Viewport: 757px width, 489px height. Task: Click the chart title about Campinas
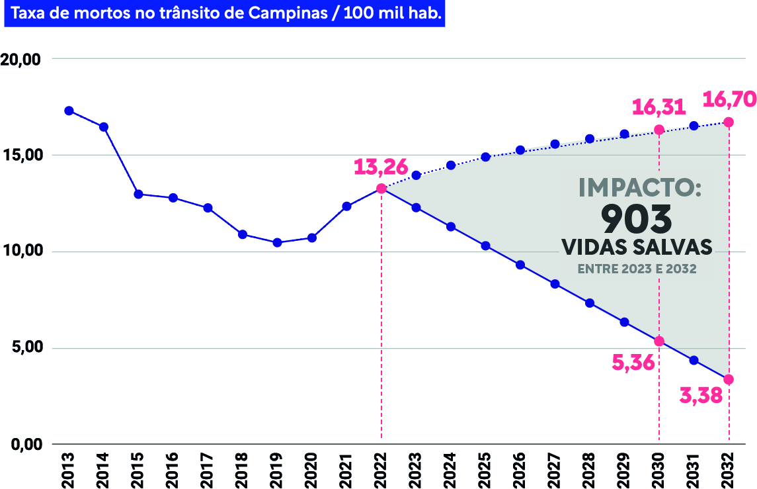coord(225,14)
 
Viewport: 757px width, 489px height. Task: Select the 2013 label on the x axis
coord(67,470)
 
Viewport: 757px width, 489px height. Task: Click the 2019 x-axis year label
coord(276,470)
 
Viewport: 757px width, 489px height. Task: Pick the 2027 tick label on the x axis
coord(554,470)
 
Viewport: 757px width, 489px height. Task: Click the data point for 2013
coord(69,111)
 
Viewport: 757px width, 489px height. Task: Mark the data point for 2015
coord(138,194)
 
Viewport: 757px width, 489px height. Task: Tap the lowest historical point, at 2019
coord(277,243)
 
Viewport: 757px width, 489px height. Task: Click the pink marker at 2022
coord(381,189)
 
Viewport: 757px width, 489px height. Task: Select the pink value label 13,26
coord(380,166)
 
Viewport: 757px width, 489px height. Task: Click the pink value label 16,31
coord(658,107)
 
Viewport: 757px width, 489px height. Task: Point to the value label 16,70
coord(728,99)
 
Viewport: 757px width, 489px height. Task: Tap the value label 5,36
coord(633,362)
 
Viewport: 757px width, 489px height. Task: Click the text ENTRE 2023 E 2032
coord(637,269)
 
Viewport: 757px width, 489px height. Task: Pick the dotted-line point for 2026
coord(520,150)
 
